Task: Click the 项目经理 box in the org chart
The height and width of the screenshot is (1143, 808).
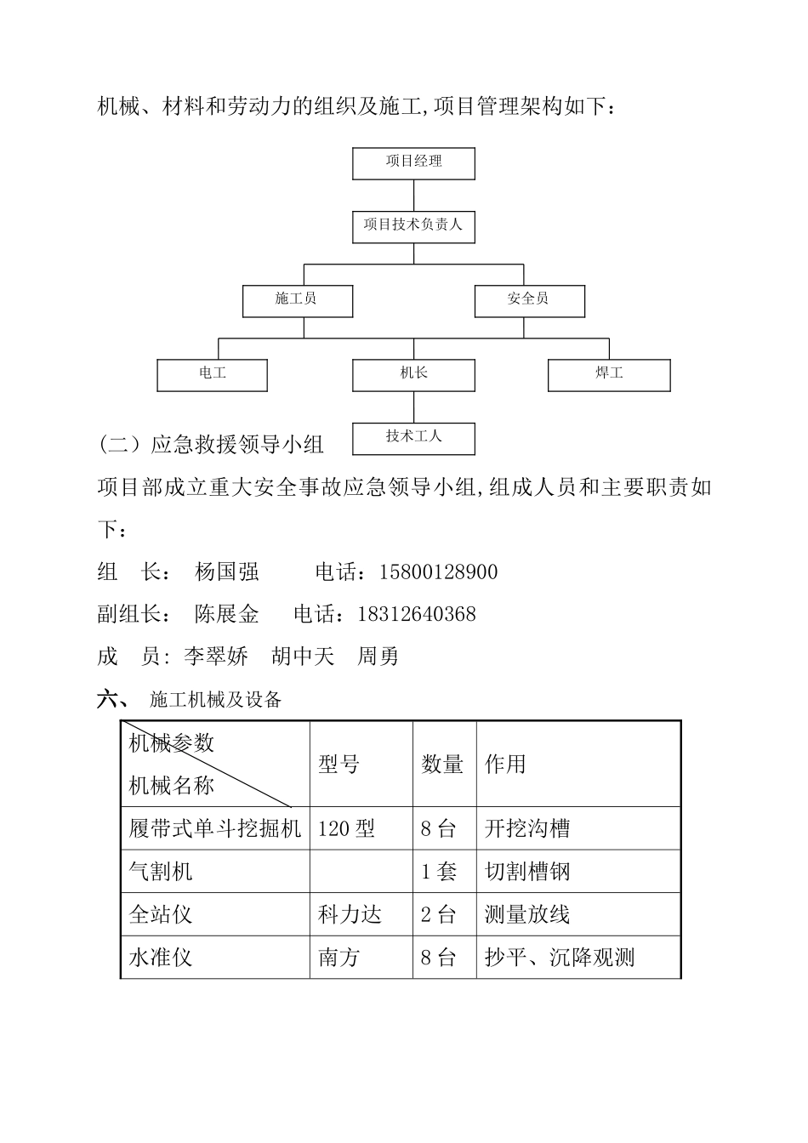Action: tap(413, 162)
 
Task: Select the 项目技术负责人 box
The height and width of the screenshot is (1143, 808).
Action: tap(413, 226)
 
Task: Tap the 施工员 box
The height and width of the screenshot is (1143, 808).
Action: tap(297, 300)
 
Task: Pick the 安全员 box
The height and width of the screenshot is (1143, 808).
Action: tap(529, 300)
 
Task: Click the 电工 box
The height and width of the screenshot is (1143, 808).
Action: tap(213, 374)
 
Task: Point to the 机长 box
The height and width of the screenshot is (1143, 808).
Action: tap(413, 374)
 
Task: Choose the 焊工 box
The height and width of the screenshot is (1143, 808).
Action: tap(609, 374)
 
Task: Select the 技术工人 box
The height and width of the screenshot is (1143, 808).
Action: tap(413, 438)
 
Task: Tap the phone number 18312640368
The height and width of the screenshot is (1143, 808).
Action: tap(418, 614)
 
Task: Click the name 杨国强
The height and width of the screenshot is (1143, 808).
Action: tap(226, 572)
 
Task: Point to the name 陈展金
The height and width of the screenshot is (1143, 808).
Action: tap(226, 614)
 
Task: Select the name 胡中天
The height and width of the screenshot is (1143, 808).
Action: tap(303, 657)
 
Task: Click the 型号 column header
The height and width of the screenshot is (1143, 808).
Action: tap(339, 765)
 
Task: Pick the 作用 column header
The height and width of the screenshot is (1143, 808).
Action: tap(505, 765)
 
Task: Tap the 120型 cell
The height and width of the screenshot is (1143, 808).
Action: tap(346, 828)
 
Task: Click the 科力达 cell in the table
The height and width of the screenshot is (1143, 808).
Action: tap(350, 915)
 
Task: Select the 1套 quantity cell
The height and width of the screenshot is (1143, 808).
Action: tap(439, 872)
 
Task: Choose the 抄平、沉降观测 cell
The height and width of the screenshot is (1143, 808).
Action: tap(560, 958)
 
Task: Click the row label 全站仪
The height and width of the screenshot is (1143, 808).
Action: tap(161, 915)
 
